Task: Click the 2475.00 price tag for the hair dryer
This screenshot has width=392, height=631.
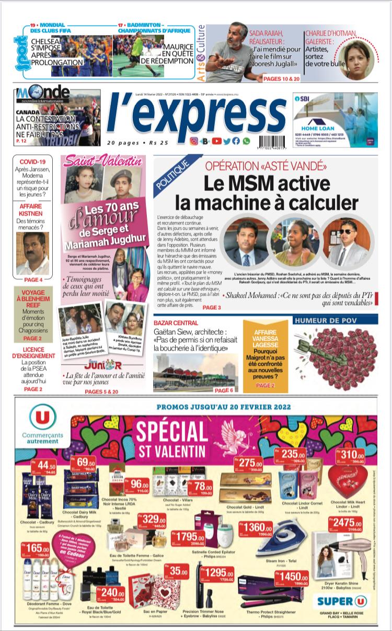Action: coord(346,524)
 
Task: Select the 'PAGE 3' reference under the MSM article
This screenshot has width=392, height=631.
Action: coord(212,307)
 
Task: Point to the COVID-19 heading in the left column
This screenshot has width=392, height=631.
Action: coord(32,162)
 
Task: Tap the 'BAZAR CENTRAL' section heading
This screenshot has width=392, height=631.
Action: coord(176,323)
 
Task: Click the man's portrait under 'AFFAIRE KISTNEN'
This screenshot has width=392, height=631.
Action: coord(32,253)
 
